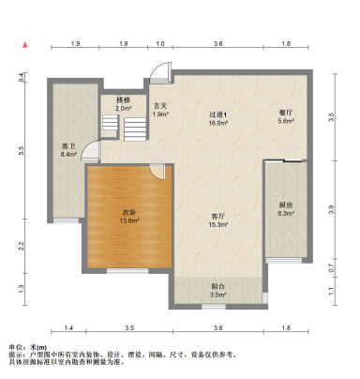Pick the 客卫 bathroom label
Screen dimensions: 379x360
[67, 146]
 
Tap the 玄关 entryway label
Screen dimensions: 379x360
[160, 106]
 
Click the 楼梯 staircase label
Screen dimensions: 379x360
[123, 99]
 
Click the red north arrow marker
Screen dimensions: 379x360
[29, 44]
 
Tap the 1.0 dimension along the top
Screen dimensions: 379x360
[159, 44]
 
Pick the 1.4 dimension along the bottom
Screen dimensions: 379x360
[68, 327]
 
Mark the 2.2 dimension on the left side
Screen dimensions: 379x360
[22, 246]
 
